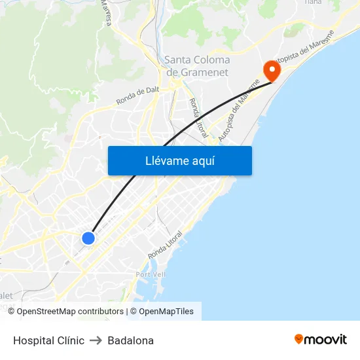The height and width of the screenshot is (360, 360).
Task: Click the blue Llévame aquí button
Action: tap(179, 160)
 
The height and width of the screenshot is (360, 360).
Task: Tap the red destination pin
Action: tap(270, 69)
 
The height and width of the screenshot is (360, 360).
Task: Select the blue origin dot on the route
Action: tap(88, 238)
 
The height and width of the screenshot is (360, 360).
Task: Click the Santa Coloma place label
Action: tap(197, 60)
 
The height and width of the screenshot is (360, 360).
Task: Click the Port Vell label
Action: tap(150, 274)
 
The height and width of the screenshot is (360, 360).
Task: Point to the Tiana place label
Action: tap(313, 3)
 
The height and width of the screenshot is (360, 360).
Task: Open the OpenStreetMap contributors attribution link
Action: tap(70, 312)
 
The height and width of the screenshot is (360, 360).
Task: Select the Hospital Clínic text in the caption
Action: tap(48, 340)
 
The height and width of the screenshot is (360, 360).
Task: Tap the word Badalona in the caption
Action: tap(131, 340)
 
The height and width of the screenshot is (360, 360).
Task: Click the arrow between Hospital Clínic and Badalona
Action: tap(96, 340)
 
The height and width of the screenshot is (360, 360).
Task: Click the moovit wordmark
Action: tap(326, 340)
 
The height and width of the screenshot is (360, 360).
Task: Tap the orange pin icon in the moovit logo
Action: tap(299, 339)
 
